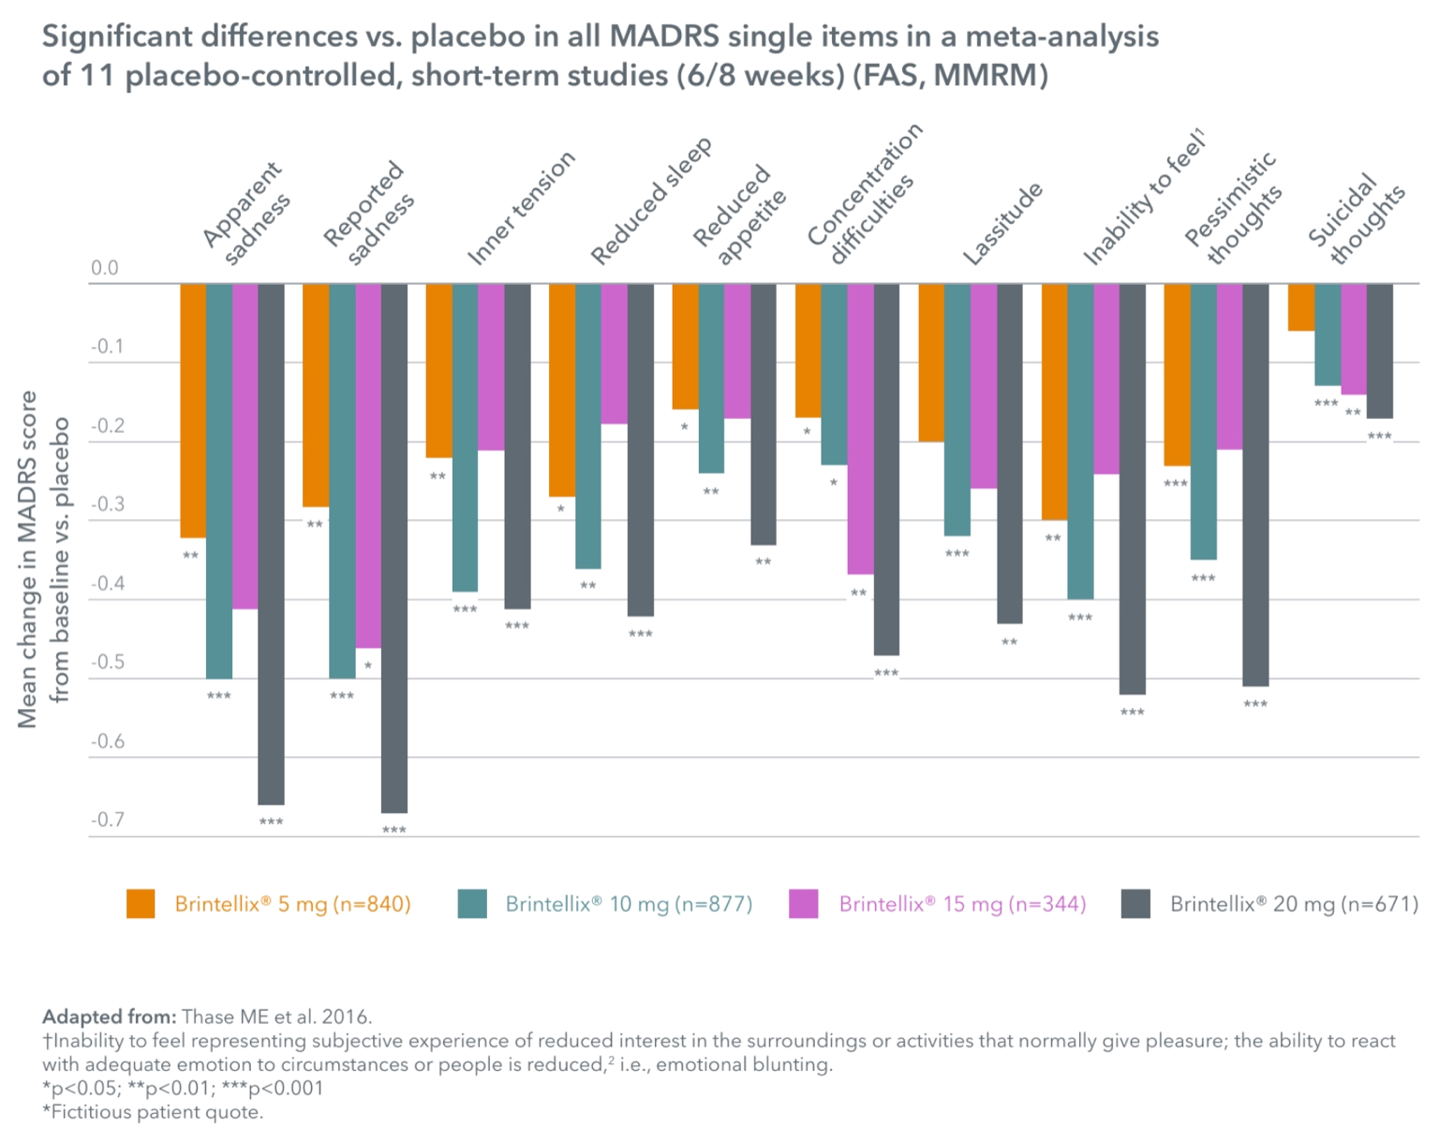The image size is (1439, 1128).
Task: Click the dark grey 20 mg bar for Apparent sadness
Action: [x=271, y=543]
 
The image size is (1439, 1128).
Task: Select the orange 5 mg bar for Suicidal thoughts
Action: [x=1300, y=307]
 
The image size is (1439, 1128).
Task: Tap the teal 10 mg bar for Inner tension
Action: [x=465, y=438]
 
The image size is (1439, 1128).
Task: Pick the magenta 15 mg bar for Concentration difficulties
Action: [x=860, y=429]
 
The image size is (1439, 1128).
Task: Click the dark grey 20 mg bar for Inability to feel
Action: [x=1132, y=488]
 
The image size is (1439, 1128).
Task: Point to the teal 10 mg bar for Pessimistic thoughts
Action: [x=1203, y=422]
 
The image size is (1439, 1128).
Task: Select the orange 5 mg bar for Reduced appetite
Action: [x=685, y=347]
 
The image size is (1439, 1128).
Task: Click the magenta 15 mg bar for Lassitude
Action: [x=983, y=386]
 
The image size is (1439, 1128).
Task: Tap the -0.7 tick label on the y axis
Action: [x=107, y=821]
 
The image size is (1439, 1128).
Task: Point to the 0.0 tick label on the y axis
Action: [x=105, y=269]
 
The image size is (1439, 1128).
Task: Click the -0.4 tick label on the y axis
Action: [x=107, y=584]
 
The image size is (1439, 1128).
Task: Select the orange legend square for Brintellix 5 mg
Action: [x=141, y=904]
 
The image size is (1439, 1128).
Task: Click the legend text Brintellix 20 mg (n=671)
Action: [x=1294, y=904]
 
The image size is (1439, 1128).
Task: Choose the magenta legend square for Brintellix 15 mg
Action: [x=803, y=904]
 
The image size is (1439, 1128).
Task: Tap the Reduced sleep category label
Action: [x=652, y=201]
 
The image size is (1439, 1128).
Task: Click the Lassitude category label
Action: [x=1002, y=224]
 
